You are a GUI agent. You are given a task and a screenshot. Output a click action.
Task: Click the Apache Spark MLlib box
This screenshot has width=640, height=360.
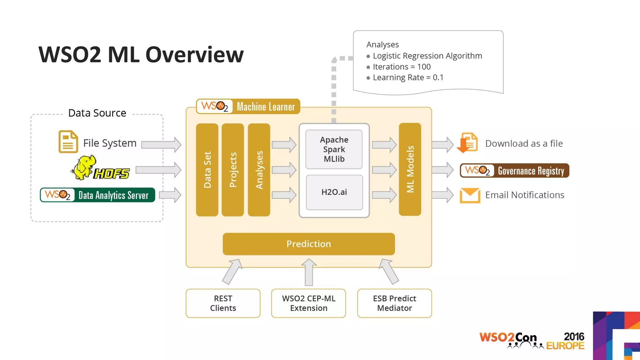pos(334,149)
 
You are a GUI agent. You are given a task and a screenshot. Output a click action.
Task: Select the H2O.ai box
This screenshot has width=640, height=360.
pos(334,192)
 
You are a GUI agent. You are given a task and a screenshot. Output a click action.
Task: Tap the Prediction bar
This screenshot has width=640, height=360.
pos(308,244)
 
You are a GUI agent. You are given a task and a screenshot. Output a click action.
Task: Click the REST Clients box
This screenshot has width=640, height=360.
pos(223,303)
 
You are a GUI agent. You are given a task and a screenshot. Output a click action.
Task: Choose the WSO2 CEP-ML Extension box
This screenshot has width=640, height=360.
pos(308,303)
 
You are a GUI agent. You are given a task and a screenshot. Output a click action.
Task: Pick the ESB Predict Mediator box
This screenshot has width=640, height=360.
pos(394,303)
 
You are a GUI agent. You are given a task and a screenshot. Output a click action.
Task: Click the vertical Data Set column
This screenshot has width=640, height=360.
pos(207,170)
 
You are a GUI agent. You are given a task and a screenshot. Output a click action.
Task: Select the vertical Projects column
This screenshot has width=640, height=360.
pos(233,170)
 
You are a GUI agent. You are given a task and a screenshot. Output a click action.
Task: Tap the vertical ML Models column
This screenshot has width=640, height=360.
pos(410,169)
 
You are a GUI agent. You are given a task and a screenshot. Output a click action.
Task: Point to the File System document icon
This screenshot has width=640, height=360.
pos(68,142)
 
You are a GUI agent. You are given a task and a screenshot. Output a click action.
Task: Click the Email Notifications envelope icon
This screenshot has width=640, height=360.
pos(470,195)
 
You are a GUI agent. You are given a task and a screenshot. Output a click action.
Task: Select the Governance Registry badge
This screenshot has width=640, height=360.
pos(514,171)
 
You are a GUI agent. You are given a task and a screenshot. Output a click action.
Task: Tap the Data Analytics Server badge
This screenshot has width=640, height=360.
pos(97,195)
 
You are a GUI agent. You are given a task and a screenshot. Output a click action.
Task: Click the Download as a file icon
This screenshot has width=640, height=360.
pos(468,143)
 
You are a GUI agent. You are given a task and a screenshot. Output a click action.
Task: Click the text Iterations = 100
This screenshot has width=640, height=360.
pos(402,67)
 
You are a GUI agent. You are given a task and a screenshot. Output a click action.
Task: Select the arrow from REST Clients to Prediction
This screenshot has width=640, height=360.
pos(232,271)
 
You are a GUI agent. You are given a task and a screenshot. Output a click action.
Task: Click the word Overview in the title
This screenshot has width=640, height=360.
pos(194,55)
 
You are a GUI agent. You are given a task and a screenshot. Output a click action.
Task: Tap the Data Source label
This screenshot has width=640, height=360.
pos(97,113)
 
